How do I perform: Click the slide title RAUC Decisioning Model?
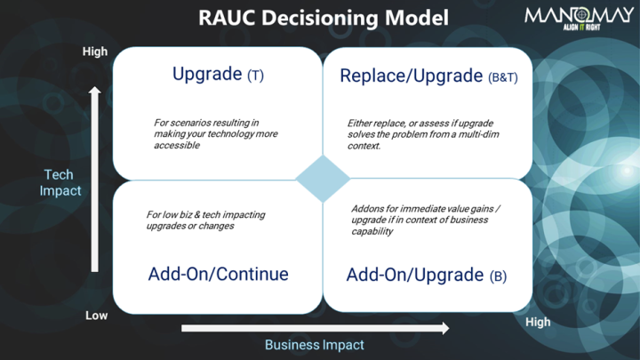[x=323, y=18]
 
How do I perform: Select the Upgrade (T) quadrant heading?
[x=218, y=75]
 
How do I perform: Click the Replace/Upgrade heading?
[x=412, y=76]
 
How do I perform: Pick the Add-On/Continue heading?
[x=218, y=274]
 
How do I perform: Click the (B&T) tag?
[x=503, y=77]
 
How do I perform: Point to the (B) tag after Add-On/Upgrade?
[x=498, y=276]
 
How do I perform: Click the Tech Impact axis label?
[x=60, y=182]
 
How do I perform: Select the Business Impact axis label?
[x=315, y=345]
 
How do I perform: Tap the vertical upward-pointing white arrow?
[x=95, y=178]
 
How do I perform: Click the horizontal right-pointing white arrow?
[x=315, y=328]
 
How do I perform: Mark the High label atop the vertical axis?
[x=95, y=52]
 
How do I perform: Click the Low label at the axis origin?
[x=96, y=316]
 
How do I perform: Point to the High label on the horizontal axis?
[x=538, y=322]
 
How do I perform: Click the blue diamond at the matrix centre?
[x=323, y=179]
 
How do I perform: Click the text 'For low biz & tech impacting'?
[x=205, y=220]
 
